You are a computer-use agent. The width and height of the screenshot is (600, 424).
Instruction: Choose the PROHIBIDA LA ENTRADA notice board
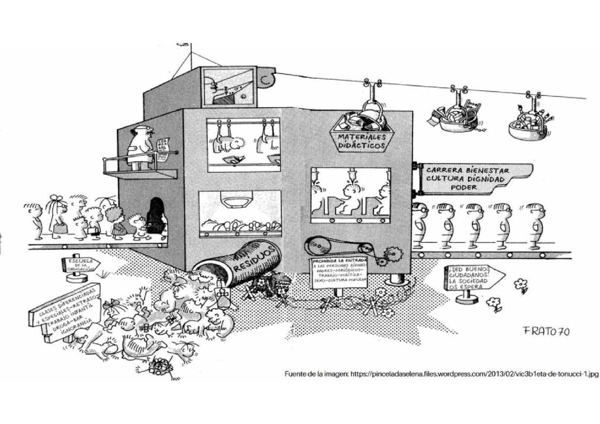click(339, 271)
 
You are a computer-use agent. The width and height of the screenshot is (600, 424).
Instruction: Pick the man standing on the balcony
click(141, 148)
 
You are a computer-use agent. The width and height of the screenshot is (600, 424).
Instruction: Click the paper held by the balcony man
click(164, 145)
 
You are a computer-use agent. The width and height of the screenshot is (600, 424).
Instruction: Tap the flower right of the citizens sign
click(520, 285)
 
